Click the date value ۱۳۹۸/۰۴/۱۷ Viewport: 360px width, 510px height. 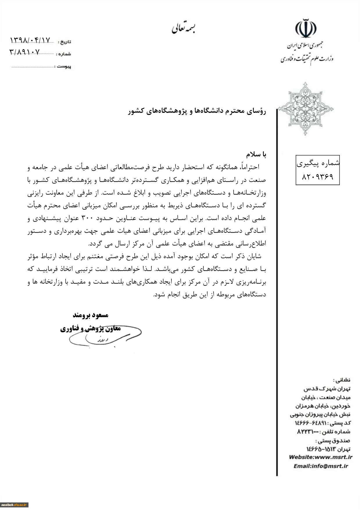[x=30, y=40]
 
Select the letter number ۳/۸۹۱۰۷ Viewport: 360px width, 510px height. [x=24, y=52]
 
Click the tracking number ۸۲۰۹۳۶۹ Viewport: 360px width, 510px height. [x=318, y=176]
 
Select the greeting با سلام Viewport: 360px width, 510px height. [x=256, y=154]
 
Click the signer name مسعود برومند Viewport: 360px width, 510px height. [x=90, y=315]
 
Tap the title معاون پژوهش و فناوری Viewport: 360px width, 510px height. [x=90, y=329]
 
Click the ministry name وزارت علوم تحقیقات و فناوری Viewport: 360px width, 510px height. [x=307, y=59]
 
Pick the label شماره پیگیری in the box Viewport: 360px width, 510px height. [x=318, y=164]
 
